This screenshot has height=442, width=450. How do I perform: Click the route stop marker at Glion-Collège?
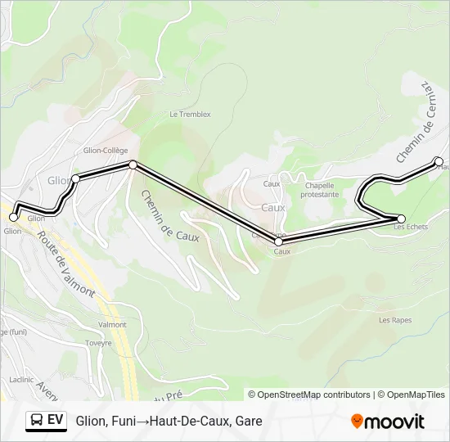(x=133, y=165)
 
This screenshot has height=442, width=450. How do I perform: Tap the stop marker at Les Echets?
(x=401, y=218)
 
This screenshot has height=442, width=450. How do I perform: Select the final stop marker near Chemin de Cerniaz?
(x=439, y=161)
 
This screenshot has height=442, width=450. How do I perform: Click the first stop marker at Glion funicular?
(x=13, y=217)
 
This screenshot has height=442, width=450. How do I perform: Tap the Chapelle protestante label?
(x=319, y=190)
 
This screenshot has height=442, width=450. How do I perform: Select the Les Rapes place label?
(x=395, y=320)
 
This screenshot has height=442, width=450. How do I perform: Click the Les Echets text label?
(x=411, y=228)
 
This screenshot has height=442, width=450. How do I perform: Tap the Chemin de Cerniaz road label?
(x=412, y=121)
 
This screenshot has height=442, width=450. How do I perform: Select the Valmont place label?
(x=113, y=324)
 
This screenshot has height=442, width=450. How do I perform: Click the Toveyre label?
(x=98, y=343)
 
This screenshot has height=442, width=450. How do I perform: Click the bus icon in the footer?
(x=37, y=421)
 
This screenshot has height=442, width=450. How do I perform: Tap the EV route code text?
(x=56, y=421)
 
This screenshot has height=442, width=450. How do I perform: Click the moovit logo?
(x=388, y=422)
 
